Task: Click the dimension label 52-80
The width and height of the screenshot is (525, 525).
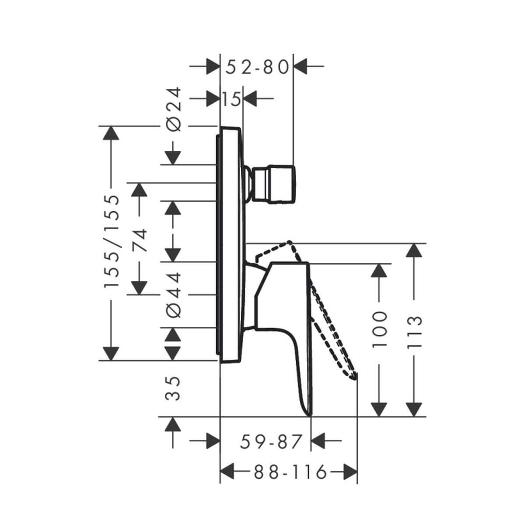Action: click(257, 67)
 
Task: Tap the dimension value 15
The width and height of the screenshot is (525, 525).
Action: click(231, 98)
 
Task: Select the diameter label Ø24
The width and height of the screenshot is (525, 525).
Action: click(174, 109)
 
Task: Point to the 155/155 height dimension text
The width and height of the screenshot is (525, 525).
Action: click(112, 241)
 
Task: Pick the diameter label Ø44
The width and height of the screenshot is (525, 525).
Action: click(174, 295)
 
